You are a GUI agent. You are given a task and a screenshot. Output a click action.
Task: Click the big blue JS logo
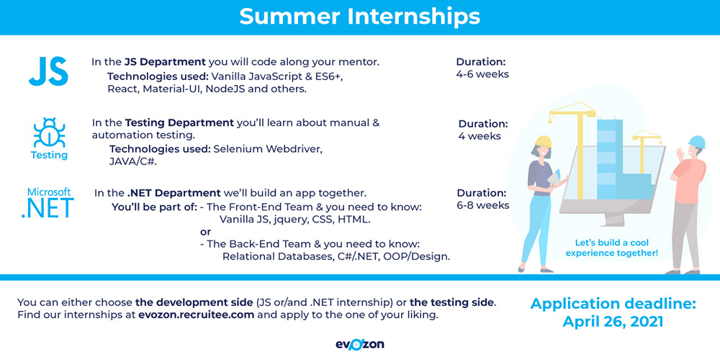click(48, 71)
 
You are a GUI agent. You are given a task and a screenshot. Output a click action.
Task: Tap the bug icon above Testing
click(49, 132)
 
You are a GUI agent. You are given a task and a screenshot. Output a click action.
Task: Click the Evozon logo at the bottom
click(359, 344)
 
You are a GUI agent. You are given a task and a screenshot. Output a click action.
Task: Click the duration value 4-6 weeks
click(482, 74)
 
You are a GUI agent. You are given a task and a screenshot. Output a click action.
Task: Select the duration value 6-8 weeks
click(483, 205)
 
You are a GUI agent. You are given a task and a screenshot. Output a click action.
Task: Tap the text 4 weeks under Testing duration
click(480, 136)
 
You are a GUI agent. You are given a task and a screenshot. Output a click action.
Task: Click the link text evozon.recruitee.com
click(196, 315)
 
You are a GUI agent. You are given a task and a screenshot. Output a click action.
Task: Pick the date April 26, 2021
click(613, 321)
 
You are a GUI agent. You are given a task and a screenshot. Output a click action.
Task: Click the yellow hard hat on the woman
click(544, 141)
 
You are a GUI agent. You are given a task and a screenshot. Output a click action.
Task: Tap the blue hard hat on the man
click(697, 142)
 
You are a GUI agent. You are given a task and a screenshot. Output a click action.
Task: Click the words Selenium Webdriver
click(268, 149)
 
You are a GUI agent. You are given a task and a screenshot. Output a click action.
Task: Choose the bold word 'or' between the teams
click(206, 232)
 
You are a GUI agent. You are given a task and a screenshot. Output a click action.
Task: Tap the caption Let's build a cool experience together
click(611, 248)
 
